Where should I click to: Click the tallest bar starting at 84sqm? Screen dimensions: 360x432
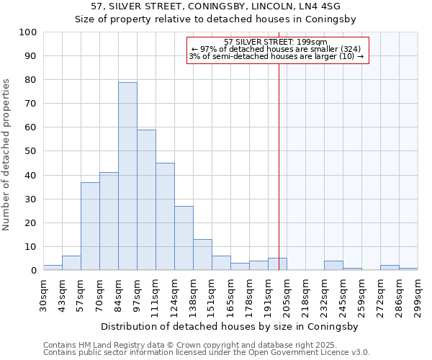click(x=127, y=176)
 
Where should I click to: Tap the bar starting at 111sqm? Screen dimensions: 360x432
click(x=165, y=217)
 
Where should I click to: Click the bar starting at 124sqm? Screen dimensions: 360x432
click(x=184, y=238)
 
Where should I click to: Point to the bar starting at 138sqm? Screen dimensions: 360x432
click(x=202, y=255)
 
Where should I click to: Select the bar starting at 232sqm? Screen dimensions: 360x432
click(x=333, y=266)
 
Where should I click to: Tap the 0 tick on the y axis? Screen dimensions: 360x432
click(x=34, y=271)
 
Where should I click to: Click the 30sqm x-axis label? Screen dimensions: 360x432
click(x=44, y=294)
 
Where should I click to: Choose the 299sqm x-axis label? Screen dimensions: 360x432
click(x=418, y=294)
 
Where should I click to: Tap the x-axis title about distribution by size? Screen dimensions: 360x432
click(x=230, y=326)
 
